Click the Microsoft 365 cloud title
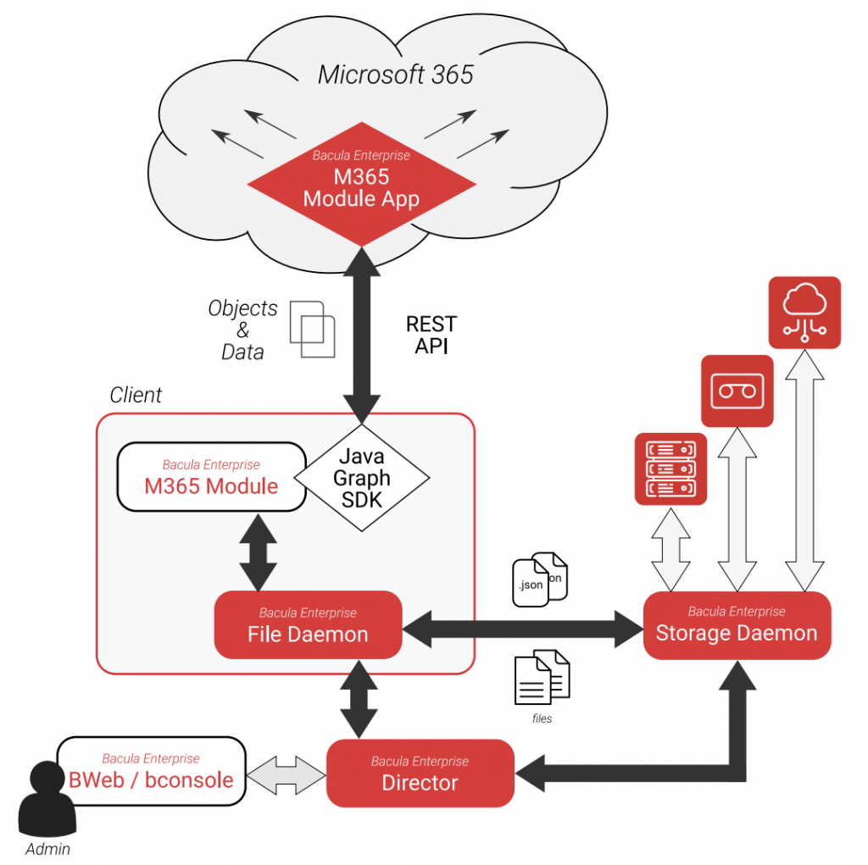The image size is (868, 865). [395, 75]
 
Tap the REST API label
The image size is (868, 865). [431, 335]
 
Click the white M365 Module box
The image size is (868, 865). [211, 477]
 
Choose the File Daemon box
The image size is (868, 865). [308, 625]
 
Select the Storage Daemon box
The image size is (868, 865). [737, 625]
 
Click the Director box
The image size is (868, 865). [420, 773]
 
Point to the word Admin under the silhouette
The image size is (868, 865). [47, 849]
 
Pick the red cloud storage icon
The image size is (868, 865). [804, 312]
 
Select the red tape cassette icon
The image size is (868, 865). [737, 391]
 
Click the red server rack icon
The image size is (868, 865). [670, 469]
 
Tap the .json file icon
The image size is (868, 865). [531, 583]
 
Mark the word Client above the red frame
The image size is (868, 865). [136, 395]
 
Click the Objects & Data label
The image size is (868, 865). [242, 330]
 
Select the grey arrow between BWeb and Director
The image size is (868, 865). [286, 775]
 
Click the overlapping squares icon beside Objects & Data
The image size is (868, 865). [313, 328]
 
